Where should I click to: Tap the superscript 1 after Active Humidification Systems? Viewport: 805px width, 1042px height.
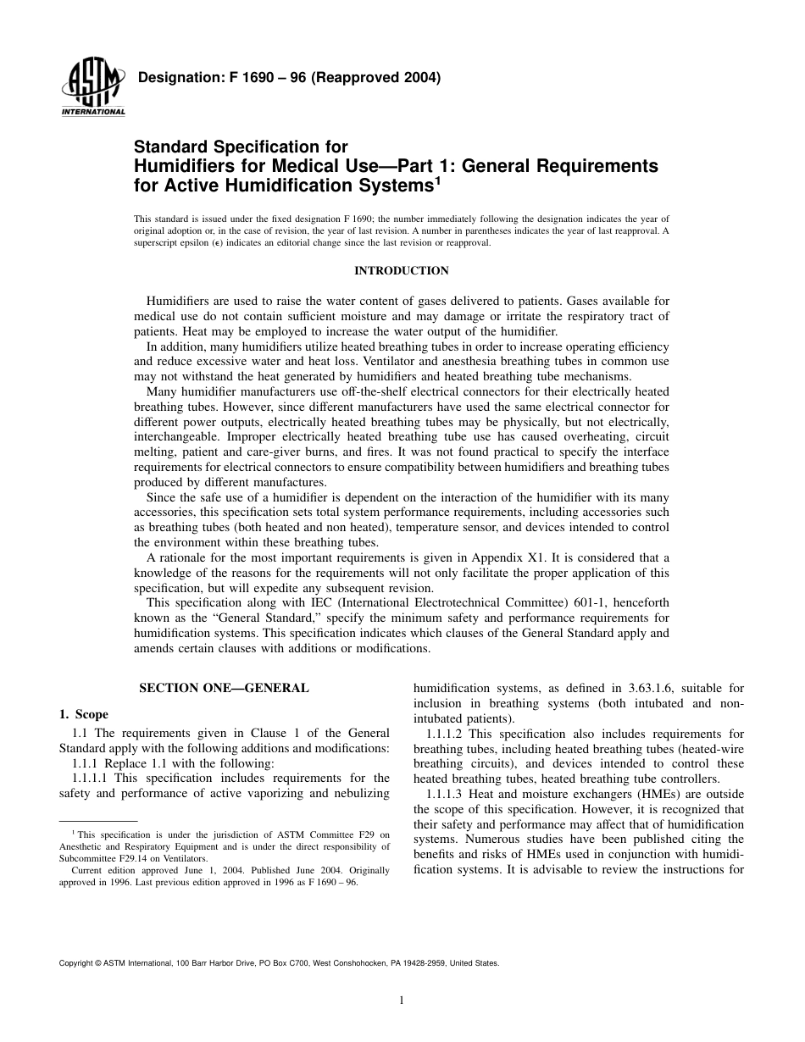(x=436, y=179)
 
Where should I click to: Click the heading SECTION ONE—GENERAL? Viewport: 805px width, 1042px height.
(x=224, y=688)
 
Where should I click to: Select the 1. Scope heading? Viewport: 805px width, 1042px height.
(x=84, y=714)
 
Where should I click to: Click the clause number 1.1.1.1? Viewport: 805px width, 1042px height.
(x=91, y=778)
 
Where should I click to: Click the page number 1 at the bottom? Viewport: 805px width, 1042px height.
(x=402, y=1000)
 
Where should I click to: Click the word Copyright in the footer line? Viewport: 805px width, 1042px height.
(x=76, y=963)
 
